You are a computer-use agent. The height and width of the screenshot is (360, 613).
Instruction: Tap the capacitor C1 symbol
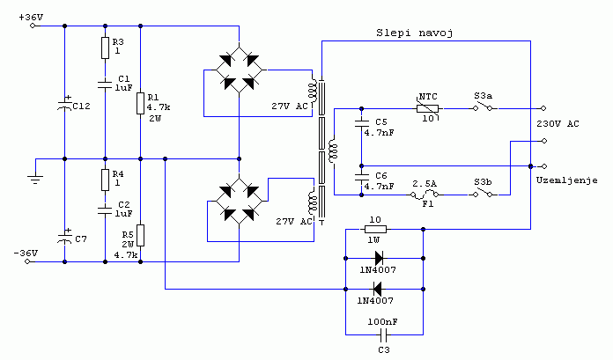(x=105, y=84)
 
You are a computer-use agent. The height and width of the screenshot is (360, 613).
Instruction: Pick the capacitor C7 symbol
(x=65, y=239)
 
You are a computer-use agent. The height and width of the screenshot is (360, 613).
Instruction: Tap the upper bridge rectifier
(x=238, y=71)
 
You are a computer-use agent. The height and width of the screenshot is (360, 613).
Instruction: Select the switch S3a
(x=483, y=109)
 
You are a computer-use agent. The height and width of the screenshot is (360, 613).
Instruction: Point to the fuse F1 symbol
(x=430, y=196)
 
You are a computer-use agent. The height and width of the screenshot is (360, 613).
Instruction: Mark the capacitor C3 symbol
(x=383, y=336)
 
